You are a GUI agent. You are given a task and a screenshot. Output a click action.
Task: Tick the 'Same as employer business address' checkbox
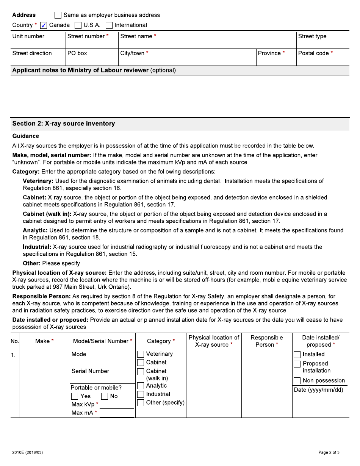pyautogui.click(x=58, y=15)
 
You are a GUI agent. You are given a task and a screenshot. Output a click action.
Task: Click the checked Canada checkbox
pyautogui.click(x=44, y=25)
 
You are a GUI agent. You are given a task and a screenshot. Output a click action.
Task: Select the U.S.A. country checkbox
pyautogui.click(x=78, y=25)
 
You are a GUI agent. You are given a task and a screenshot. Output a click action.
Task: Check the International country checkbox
pyautogui.click(x=109, y=25)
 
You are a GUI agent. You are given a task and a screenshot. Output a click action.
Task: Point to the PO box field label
pyautogui.click(x=77, y=53)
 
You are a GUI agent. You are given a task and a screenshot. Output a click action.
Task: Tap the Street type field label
pyautogui.click(x=312, y=36)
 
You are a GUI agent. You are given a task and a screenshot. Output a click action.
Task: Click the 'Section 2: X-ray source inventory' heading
pyautogui.click(x=64, y=124)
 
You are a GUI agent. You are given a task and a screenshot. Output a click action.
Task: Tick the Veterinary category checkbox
pyautogui.click(x=141, y=354)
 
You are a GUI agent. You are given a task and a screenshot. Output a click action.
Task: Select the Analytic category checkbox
pyautogui.click(x=141, y=386)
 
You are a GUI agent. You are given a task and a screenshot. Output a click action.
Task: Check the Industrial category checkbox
pyautogui.click(x=141, y=394)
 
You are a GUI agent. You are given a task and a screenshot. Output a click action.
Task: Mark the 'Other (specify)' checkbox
pyautogui.click(x=141, y=403)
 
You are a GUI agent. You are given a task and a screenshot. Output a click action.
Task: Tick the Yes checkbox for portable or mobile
pyautogui.click(x=75, y=396)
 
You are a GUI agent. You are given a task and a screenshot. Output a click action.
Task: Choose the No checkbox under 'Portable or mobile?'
pyautogui.click(x=105, y=396)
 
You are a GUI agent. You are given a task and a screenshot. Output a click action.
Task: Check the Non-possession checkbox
pyautogui.click(x=297, y=380)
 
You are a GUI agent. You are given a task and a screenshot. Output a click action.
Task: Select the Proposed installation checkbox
pyautogui.click(x=297, y=364)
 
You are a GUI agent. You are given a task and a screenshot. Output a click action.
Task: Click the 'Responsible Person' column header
pyautogui.click(x=267, y=341)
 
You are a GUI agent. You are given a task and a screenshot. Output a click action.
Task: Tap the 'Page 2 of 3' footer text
pyautogui.click(x=329, y=452)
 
